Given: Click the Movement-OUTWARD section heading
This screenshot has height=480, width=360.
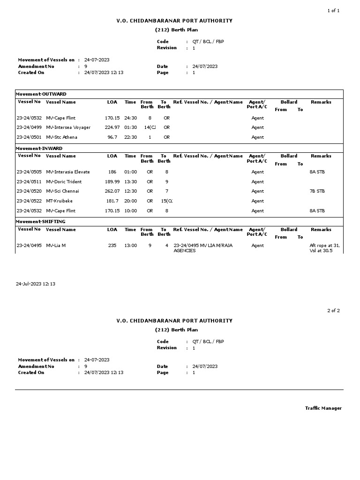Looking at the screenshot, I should [x=41, y=94].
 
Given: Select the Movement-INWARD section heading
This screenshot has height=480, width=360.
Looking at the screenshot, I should [x=39, y=149].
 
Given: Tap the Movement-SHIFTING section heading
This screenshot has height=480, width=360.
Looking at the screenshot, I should [x=41, y=222].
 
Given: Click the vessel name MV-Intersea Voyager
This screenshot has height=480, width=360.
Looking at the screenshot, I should [x=68, y=127].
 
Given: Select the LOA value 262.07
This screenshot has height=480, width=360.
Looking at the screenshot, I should [x=112, y=191].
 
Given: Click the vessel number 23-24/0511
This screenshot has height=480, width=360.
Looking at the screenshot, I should [x=29, y=182].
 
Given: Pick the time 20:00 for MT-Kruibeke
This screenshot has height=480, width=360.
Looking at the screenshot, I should [x=131, y=201].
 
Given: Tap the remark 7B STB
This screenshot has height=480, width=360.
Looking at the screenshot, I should [x=317, y=191].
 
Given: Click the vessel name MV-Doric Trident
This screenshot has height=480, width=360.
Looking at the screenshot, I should [x=64, y=182].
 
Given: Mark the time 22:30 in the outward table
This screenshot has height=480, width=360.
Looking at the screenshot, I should [x=131, y=137].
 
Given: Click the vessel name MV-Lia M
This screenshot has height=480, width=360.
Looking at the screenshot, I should [x=56, y=246].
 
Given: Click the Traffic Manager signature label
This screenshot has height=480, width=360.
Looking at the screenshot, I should [x=323, y=408].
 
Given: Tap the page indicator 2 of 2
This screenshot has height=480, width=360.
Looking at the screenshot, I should [x=333, y=311].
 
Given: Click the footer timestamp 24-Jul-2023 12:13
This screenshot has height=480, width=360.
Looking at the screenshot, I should [x=36, y=284].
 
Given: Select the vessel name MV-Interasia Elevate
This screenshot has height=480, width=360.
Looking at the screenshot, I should [x=68, y=172].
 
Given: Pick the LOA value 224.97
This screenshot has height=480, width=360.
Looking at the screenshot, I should [x=112, y=127].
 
